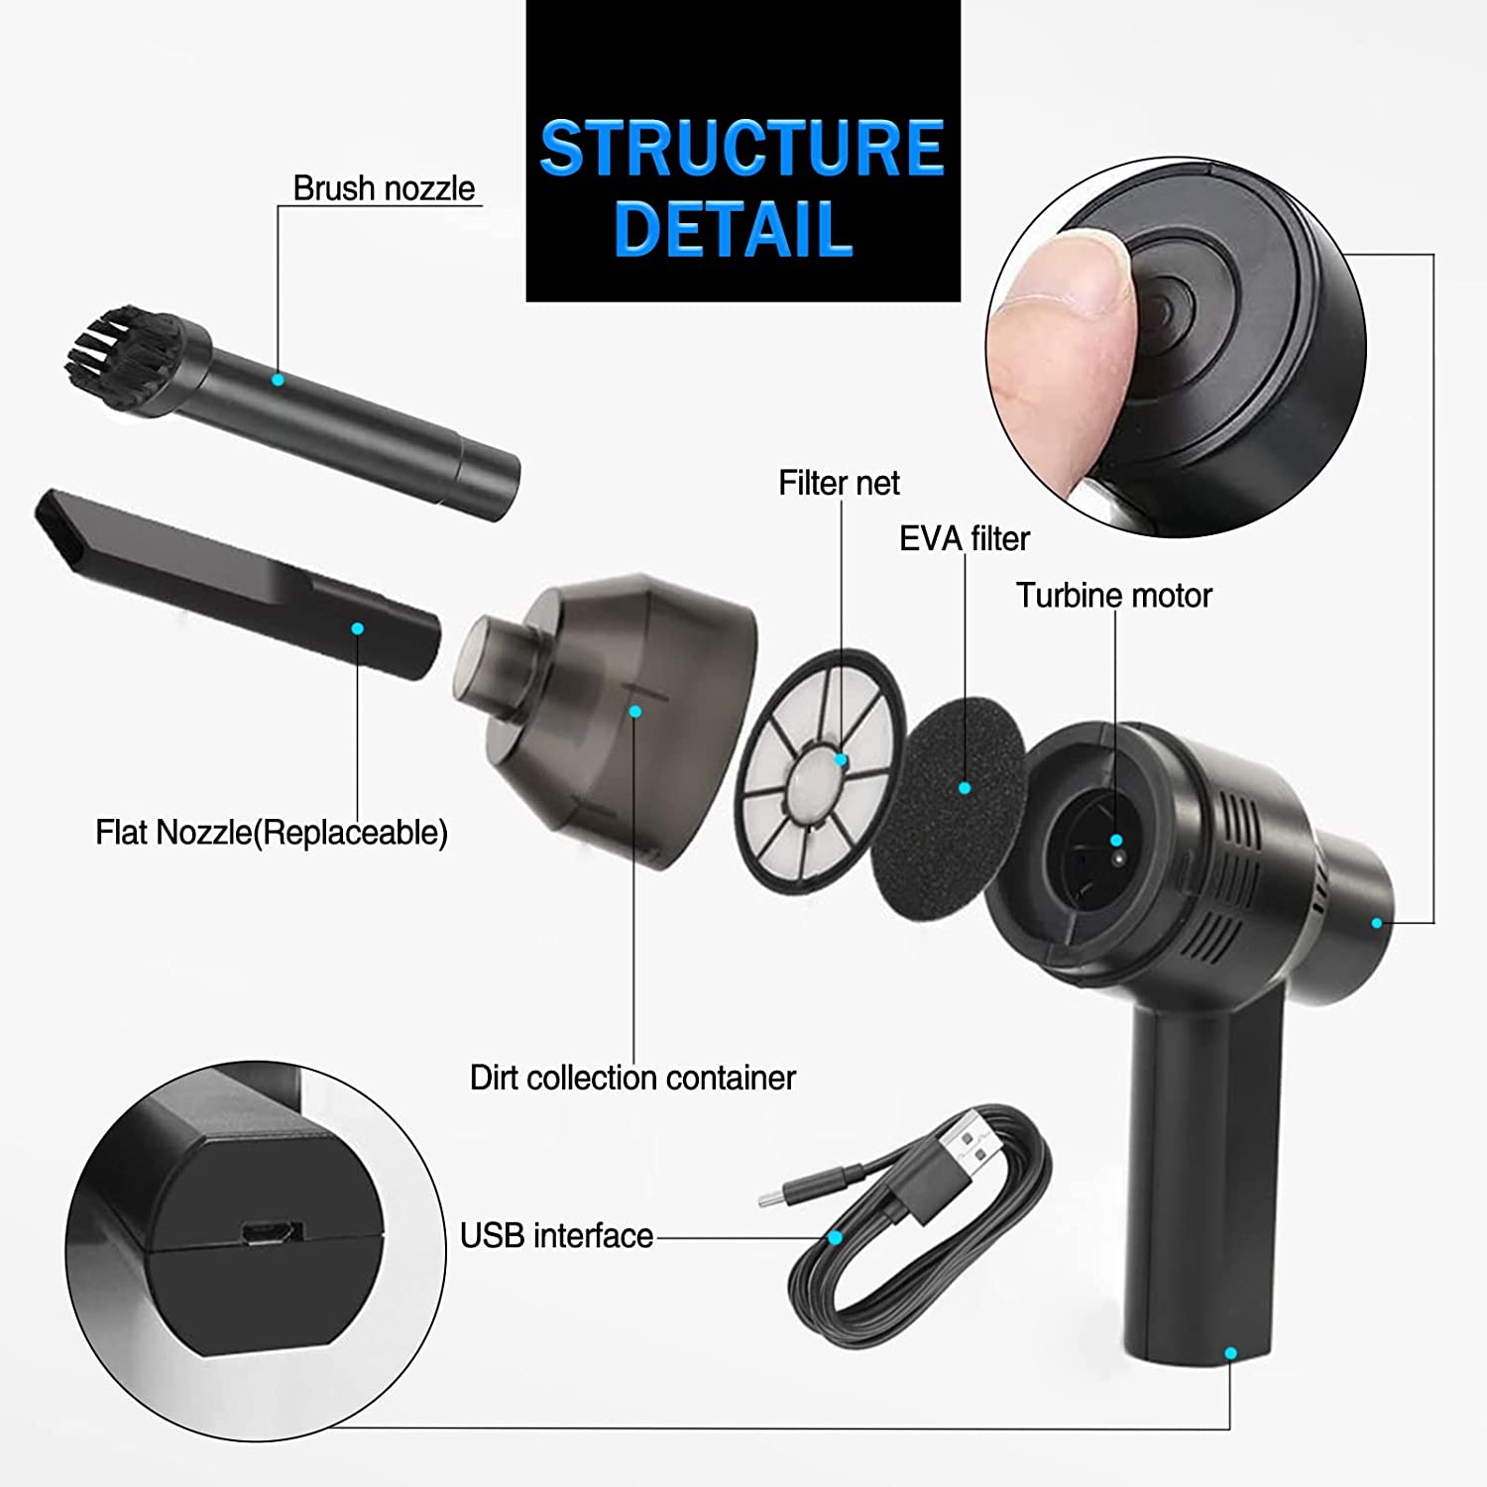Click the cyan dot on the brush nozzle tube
(x=279, y=380)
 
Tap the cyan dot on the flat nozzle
(x=358, y=629)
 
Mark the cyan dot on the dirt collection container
(x=635, y=711)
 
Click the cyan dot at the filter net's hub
(x=842, y=759)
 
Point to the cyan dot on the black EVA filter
(x=965, y=788)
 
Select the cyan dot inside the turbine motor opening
(x=1116, y=840)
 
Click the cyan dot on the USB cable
(x=835, y=1237)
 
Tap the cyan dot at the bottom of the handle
(x=1230, y=1352)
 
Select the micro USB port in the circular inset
(x=270, y=1233)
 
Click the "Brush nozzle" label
(x=384, y=188)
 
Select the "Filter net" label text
(x=839, y=483)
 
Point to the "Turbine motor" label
(x=1113, y=595)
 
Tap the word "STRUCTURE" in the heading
(x=742, y=149)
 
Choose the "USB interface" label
(x=556, y=1235)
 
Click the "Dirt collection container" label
(x=632, y=1078)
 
